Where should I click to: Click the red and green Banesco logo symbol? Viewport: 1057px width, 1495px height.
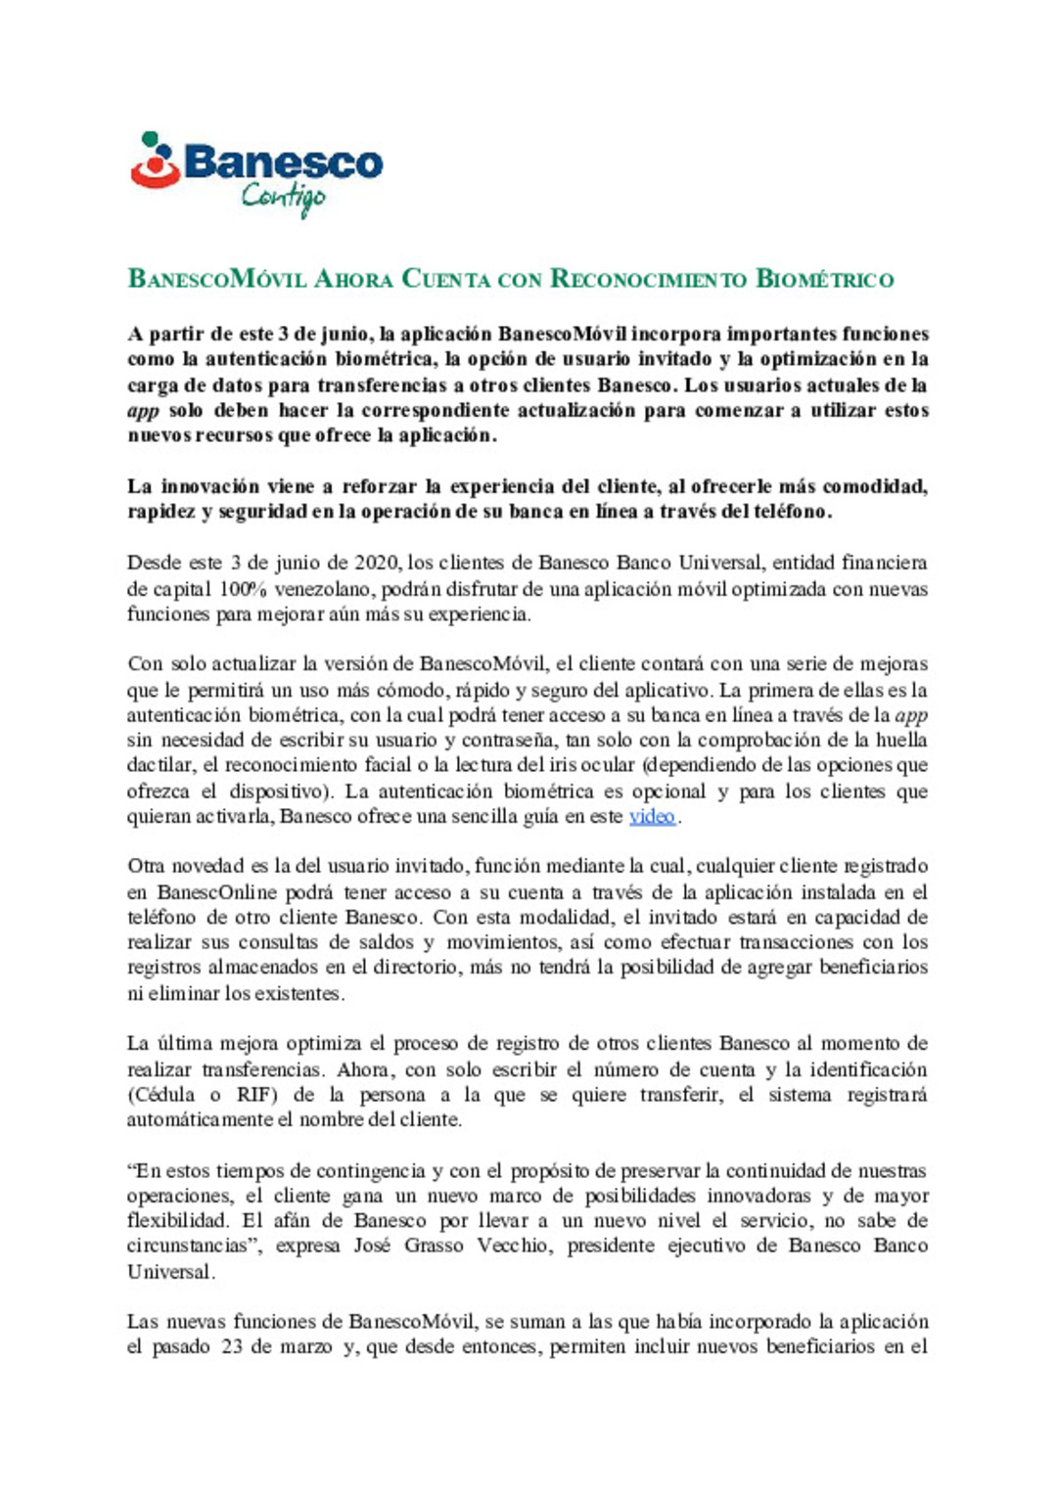(x=155, y=160)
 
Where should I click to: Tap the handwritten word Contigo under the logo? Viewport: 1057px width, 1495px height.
(x=283, y=197)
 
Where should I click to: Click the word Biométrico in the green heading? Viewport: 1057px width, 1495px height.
(x=824, y=279)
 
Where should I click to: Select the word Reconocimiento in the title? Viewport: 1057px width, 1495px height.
(x=648, y=279)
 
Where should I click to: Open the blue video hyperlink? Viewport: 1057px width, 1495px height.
(x=652, y=816)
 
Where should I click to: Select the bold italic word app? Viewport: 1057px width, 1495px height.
(x=143, y=411)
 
